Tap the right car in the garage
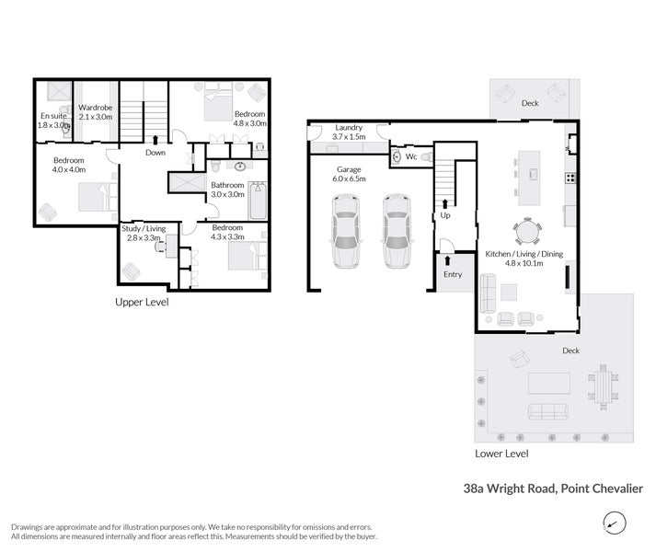[395, 231]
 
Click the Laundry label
[349, 128]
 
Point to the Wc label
[411, 157]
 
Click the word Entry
[453, 275]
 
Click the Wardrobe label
[95, 107]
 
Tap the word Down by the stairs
[155, 153]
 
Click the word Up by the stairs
[446, 213]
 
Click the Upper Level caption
[141, 302]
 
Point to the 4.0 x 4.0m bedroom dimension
[69, 169]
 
